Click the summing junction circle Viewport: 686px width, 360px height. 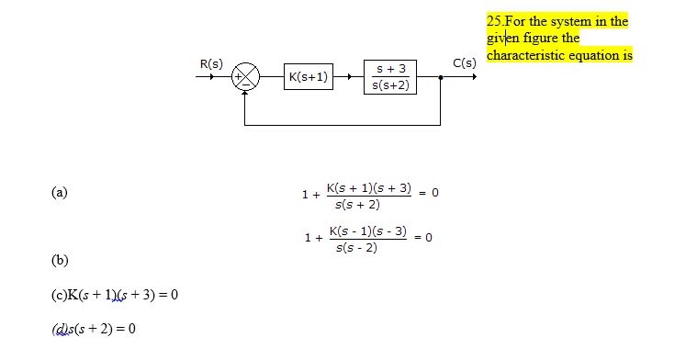246,77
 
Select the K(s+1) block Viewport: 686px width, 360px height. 309,77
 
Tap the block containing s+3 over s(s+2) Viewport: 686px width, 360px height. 391,77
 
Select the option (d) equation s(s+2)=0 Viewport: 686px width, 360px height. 92,329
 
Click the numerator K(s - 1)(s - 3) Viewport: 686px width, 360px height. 367,231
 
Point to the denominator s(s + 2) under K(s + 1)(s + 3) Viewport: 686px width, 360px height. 358,204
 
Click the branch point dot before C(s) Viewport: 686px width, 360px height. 442,77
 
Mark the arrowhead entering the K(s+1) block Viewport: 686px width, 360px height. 279,77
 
